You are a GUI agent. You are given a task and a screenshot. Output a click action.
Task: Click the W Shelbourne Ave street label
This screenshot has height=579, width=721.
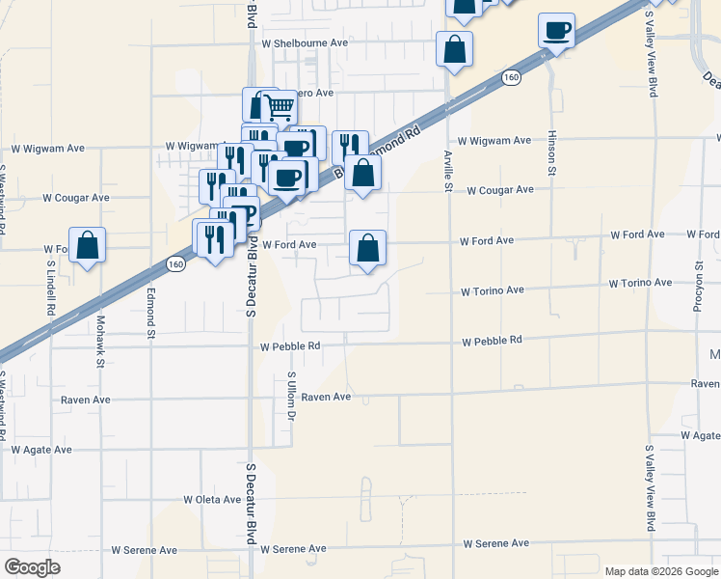298,43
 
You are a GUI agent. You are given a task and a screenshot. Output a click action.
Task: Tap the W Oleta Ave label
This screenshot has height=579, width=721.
212,500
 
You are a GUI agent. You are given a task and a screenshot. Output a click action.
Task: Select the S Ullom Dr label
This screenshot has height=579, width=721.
290,396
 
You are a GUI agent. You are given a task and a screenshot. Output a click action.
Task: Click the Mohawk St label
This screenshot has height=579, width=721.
100,345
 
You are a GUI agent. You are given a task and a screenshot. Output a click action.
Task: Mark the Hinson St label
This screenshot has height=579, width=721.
552,155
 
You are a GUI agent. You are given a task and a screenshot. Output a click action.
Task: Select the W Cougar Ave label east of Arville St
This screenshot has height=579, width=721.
500,190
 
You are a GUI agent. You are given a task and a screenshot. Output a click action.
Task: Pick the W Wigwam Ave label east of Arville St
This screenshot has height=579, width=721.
494,141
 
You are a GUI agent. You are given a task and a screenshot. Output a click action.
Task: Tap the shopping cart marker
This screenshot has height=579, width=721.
279,106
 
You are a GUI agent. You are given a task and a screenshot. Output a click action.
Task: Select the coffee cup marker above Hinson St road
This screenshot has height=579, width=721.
556,30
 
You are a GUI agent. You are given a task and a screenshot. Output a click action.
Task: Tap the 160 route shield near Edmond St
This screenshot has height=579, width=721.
174,263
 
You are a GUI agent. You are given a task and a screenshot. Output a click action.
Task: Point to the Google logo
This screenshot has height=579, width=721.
33,566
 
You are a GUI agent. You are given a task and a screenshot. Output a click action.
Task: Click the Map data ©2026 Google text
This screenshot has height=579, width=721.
662,571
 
